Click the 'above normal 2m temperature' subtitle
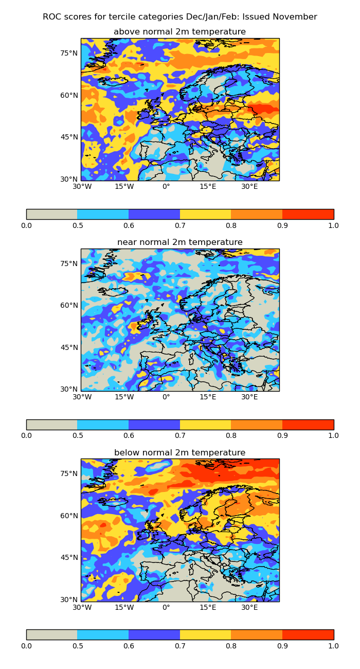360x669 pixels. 180,32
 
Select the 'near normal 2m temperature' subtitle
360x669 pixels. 180,242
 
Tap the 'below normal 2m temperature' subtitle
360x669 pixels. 180,453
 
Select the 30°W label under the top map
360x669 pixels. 82,186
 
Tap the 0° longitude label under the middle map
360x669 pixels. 166,397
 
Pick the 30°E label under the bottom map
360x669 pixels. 250,607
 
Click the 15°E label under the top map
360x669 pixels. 208,186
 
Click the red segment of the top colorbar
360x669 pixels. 308,214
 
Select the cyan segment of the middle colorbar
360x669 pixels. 103,425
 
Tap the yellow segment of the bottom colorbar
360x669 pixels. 205,635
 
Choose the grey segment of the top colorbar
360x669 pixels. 51,214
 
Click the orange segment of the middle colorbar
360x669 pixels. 257,425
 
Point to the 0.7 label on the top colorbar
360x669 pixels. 180,225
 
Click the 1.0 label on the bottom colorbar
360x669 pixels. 333,646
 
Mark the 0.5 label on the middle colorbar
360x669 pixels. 78,435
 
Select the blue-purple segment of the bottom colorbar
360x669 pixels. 154,635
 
